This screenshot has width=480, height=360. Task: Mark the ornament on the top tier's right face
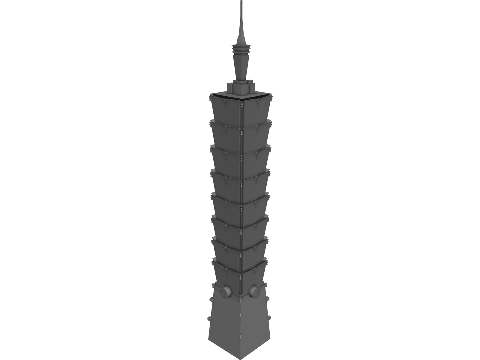(257, 103)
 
